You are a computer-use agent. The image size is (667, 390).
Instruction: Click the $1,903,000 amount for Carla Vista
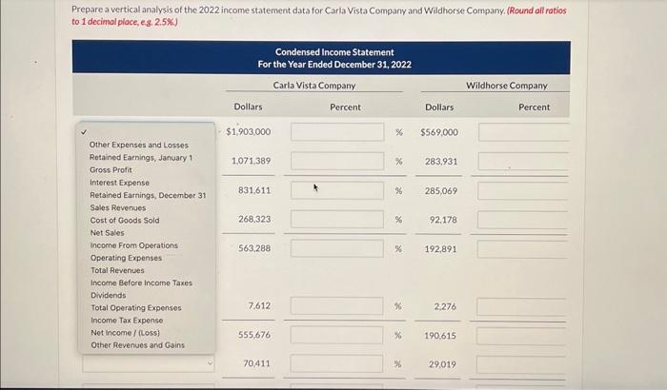tap(249, 132)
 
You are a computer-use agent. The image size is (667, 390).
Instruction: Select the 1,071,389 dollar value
tap(251, 161)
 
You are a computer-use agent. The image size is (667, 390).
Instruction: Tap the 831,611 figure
tap(252, 190)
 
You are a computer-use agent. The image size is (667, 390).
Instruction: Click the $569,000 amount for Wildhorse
tap(439, 132)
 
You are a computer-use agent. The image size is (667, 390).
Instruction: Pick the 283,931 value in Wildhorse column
tap(441, 161)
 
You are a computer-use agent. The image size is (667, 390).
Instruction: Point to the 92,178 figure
tap(443, 220)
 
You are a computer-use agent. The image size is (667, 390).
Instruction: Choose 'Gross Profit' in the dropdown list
tap(111, 169)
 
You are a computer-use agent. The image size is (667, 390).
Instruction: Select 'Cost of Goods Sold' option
tap(124, 220)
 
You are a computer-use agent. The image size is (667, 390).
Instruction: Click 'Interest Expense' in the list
tap(119, 182)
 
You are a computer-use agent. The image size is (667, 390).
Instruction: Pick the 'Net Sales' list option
tap(107, 232)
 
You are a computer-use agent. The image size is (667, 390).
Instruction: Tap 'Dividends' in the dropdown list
tap(108, 295)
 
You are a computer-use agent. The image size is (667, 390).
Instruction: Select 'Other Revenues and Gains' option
tap(137, 345)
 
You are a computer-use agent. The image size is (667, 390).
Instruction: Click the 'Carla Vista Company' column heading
tap(313, 86)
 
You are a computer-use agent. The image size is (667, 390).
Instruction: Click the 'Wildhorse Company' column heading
tap(506, 86)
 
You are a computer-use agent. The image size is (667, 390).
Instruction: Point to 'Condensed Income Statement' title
tap(334, 52)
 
